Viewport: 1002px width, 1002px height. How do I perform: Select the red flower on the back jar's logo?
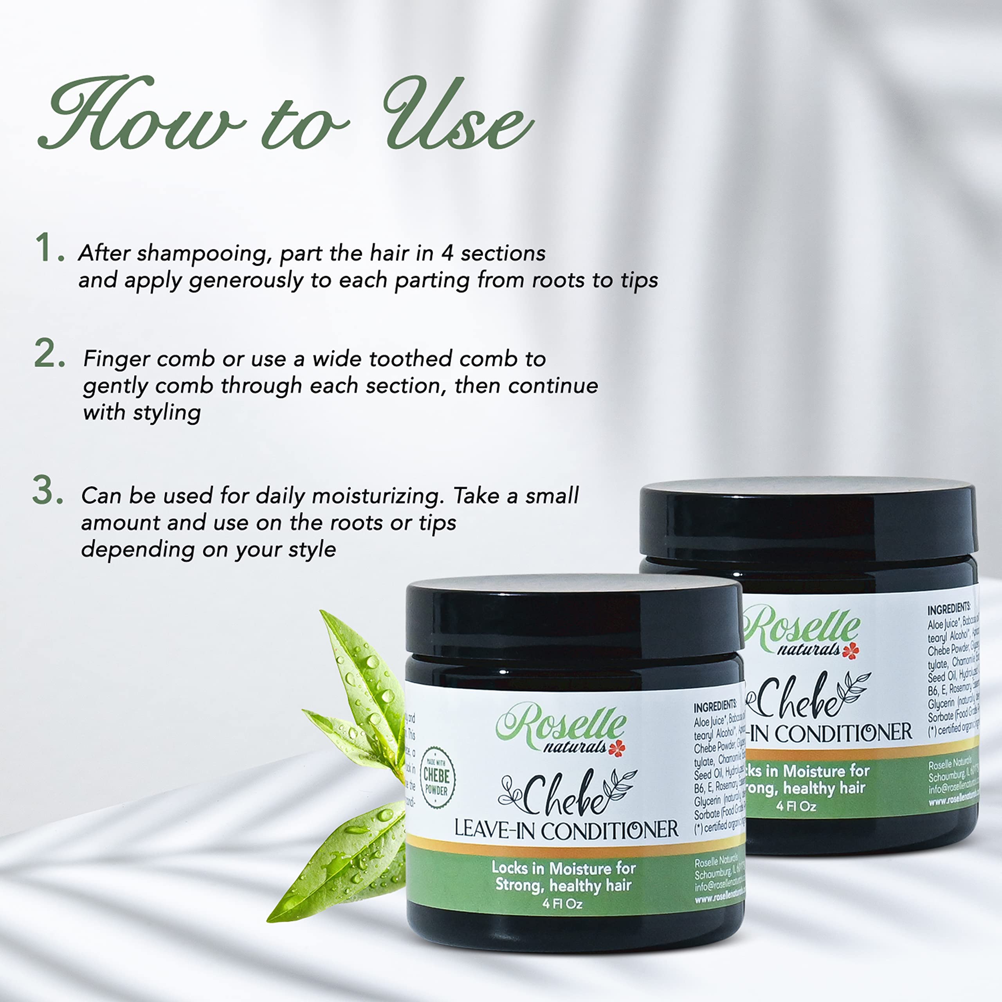(851, 651)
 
